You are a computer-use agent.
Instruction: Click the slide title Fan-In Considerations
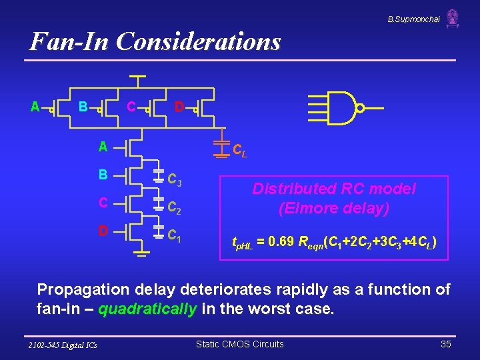pyautogui.click(x=155, y=42)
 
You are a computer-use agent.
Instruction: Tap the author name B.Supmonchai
pyautogui.click(x=413, y=19)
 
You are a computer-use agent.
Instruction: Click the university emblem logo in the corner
pyautogui.click(x=453, y=18)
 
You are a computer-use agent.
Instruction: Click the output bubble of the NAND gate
pyautogui.click(x=360, y=108)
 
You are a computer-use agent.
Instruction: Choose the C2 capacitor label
pyautogui.click(x=175, y=207)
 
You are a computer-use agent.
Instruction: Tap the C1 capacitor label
pyautogui.click(x=175, y=235)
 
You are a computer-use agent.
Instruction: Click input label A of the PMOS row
pyautogui.click(x=35, y=107)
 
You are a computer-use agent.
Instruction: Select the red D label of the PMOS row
pyautogui.click(x=179, y=107)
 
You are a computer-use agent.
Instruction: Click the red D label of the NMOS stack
pyautogui.click(x=103, y=231)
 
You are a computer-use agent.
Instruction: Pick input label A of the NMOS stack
pyautogui.click(x=103, y=146)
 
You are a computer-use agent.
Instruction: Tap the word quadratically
pyautogui.click(x=147, y=309)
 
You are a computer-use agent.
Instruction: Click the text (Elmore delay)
pyautogui.click(x=333, y=209)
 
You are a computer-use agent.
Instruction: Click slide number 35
pyautogui.click(x=446, y=344)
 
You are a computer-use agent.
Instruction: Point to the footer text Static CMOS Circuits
pyautogui.click(x=239, y=344)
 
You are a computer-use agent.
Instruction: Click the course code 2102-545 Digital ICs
pyautogui.click(x=63, y=345)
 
